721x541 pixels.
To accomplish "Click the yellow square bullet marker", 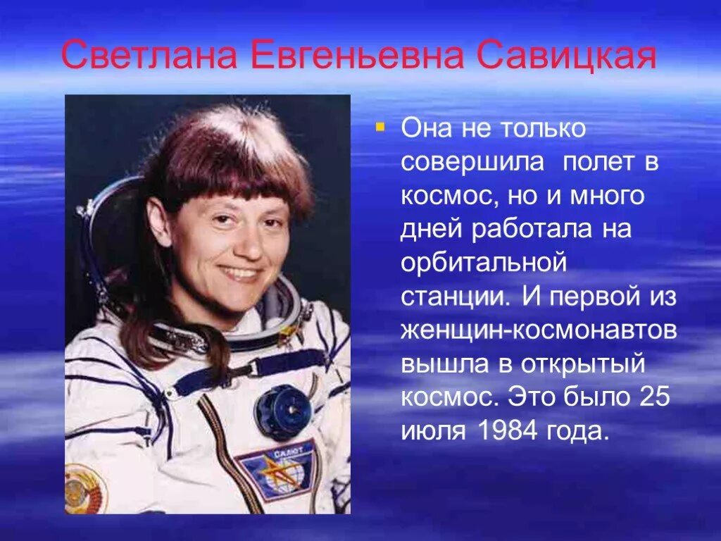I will (380, 128).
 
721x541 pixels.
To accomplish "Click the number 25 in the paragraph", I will (655, 397).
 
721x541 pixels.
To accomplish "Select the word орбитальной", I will (484, 263).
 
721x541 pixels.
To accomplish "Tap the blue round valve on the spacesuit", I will (282, 411).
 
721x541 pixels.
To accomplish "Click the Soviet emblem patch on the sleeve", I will (83, 487).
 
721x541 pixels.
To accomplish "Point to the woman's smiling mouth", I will (239, 273).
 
